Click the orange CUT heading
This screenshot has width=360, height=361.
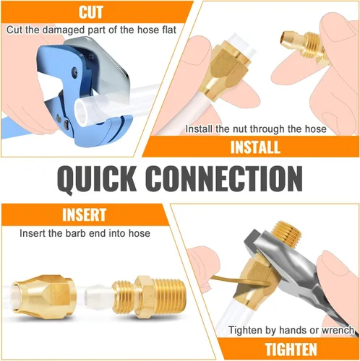pos(90,12)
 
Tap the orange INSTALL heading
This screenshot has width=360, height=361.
pos(255,147)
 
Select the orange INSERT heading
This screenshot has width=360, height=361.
pos(84,214)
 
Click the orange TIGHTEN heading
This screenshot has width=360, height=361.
pos(291,349)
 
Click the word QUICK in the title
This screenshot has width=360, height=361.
pos(96,179)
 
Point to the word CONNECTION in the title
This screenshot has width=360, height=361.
pos(224,178)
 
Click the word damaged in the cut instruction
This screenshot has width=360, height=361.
pos(64,30)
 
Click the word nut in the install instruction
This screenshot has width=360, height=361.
pos(239,129)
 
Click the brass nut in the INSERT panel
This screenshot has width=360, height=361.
pos(43,297)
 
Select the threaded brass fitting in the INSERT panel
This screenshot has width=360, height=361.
pos(149,297)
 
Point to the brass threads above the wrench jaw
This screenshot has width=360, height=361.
pos(288,232)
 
